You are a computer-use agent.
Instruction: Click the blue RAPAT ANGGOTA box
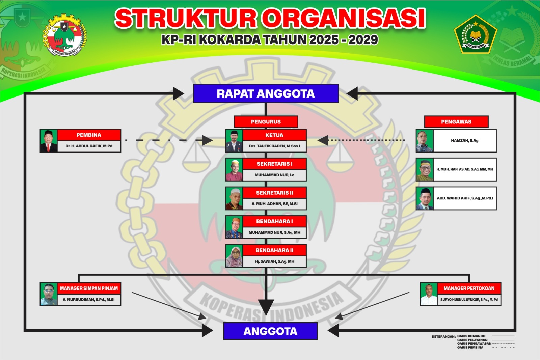click(x=266, y=93)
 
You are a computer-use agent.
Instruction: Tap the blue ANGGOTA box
click(x=270, y=331)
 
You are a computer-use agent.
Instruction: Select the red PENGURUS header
click(x=266, y=122)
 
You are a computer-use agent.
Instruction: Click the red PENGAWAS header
click(x=456, y=122)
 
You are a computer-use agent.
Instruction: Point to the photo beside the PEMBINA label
click(x=49, y=141)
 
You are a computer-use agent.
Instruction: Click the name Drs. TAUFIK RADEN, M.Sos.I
click(x=274, y=146)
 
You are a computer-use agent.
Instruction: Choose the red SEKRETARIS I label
click(x=274, y=164)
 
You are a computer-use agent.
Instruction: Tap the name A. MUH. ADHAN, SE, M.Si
click(x=274, y=204)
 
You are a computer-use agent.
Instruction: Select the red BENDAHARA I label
click(x=274, y=221)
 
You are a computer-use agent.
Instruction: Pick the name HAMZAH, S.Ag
click(x=464, y=141)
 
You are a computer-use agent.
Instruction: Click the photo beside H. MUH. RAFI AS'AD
click(x=425, y=169)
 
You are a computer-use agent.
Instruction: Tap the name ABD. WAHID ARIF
click(x=465, y=198)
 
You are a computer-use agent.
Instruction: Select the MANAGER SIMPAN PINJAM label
click(x=89, y=288)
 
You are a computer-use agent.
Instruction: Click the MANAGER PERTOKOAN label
click(x=469, y=288)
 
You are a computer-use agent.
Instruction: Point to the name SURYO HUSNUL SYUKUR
click(x=469, y=300)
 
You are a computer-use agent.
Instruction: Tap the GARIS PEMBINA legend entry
click(x=470, y=347)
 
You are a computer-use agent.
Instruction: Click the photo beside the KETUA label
click(x=234, y=141)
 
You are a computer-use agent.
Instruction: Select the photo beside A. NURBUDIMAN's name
click(x=49, y=294)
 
